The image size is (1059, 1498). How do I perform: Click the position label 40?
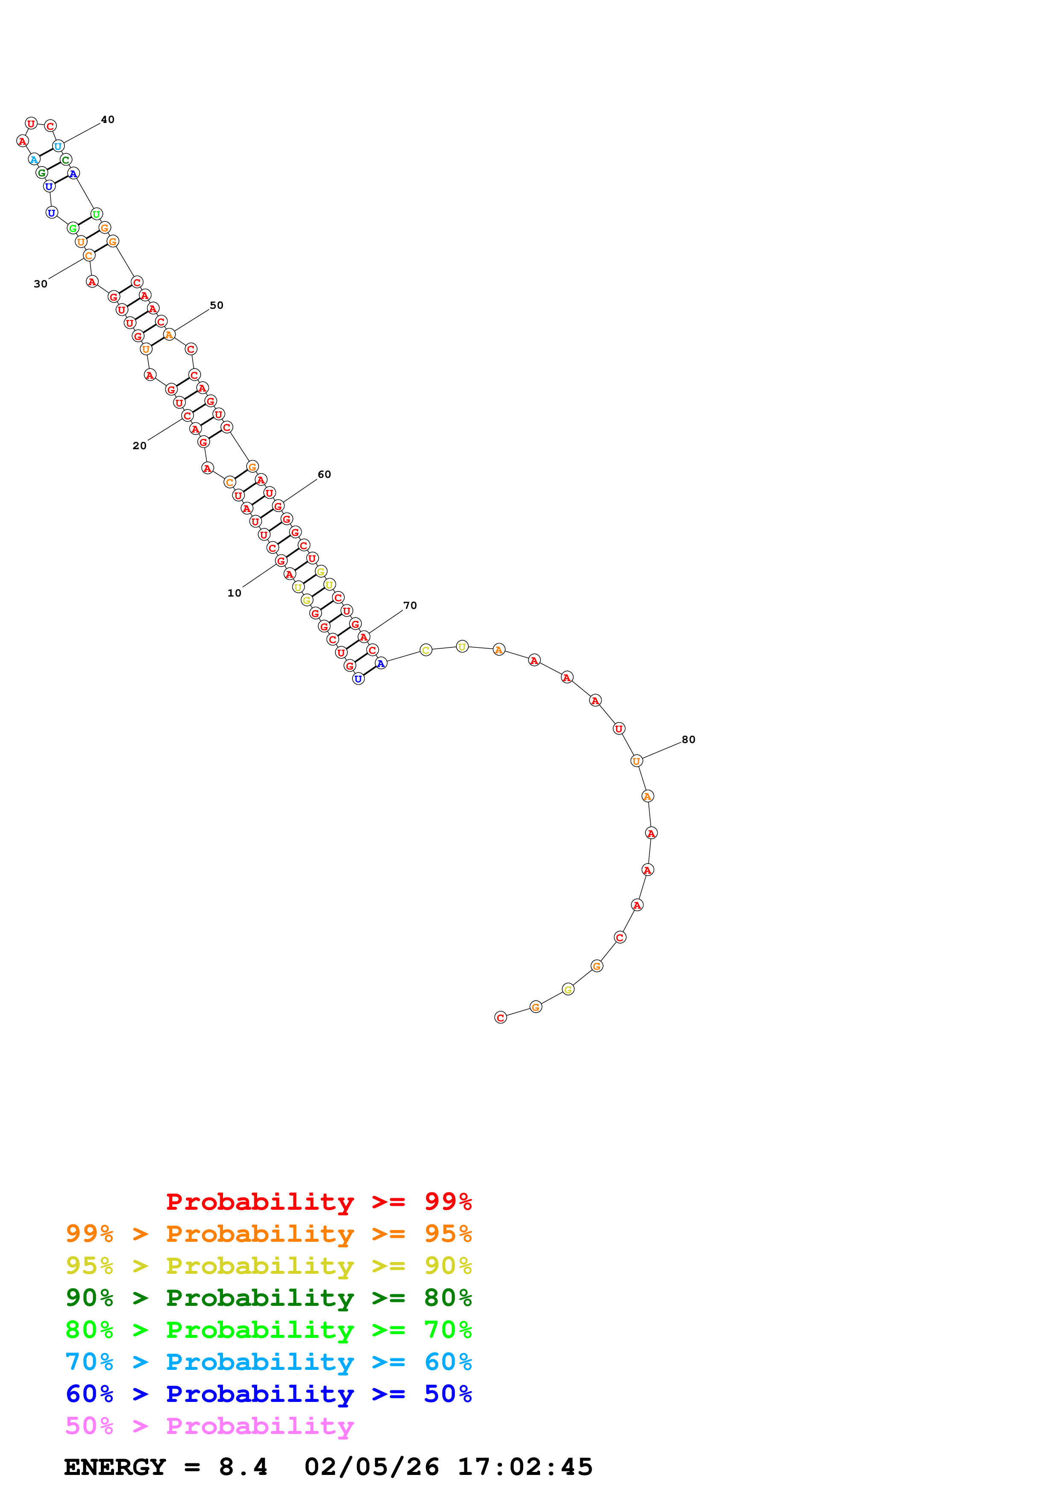tap(108, 120)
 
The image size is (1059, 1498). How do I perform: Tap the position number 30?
tap(41, 284)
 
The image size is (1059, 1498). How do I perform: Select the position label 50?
tap(217, 305)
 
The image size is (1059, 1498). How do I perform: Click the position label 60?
tap(324, 474)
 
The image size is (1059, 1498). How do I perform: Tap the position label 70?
tap(410, 606)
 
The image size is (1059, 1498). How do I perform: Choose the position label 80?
tap(688, 739)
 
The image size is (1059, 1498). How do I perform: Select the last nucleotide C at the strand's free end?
tap(501, 1017)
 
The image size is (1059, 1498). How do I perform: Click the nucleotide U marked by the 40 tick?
tap(58, 146)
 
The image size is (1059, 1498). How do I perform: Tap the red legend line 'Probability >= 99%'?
tap(318, 1201)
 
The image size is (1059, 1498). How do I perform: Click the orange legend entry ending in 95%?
tap(268, 1233)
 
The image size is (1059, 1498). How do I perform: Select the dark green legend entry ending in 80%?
tap(268, 1298)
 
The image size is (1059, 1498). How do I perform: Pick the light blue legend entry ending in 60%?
tap(268, 1362)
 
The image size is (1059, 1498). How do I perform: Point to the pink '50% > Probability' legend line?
tap(209, 1425)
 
